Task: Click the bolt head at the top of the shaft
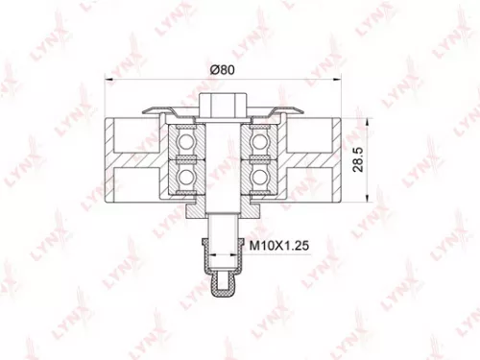(220, 104)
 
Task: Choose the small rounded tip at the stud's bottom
(220, 284)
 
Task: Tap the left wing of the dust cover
(158, 111)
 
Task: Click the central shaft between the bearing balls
(220, 158)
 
